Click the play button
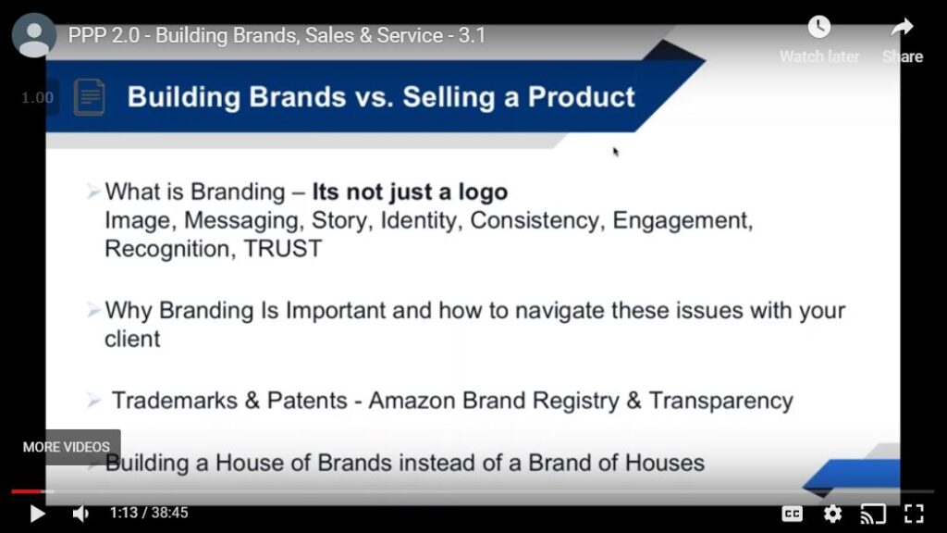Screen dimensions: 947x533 pyautogui.click(x=37, y=514)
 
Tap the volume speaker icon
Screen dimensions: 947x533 pyautogui.click(x=80, y=514)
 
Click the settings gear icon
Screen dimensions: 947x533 pyautogui.click(x=833, y=514)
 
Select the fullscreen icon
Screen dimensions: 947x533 pyautogui.click(x=914, y=514)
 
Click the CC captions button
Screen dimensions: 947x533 pyautogui.click(x=792, y=514)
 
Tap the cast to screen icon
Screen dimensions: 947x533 pyautogui.click(x=873, y=514)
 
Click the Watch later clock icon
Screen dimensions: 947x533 pyautogui.click(x=819, y=27)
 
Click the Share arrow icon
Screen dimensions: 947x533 pyautogui.click(x=903, y=27)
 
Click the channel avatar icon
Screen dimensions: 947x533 pyautogui.click(x=34, y=35)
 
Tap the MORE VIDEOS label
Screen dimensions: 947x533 pyautogui.click(x=67, y=447)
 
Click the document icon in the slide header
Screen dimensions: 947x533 pyautogui.click(x=90, y=96)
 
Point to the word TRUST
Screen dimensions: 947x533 pyautogui.click(x=283, y=249)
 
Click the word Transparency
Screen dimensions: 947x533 pyautogui.click(x=721, y=402)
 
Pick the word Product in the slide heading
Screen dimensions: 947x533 pyautogui.click(x=581, y=96)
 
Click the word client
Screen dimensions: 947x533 pyautogui.click(x=132, y=339)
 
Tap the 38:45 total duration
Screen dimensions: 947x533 pyautogui.click(x=170, y=513)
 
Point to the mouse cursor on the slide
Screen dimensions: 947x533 pyautogui.click(x=615, y=152)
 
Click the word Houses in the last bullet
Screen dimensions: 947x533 pyautogui.click(x=664, y=463)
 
